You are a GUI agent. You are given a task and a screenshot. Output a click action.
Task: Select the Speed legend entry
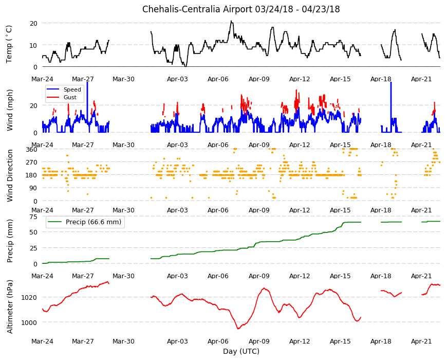click(x=64, y=89)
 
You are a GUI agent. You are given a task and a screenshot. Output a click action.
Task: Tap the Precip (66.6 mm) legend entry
click(x=85, y=222)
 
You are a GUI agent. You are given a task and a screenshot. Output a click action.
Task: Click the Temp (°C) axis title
click(x=9, y=44)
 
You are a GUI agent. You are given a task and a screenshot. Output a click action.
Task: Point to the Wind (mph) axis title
click(x=10, y=110)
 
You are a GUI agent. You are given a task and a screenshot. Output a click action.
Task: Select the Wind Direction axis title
click(x=10, y=175)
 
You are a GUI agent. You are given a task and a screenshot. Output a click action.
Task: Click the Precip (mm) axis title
click(x=10, y=241)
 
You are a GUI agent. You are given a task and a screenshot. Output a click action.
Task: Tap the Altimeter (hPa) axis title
click(x=10, y=307)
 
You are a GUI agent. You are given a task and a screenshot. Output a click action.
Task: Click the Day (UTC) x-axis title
click(x=241, y=351)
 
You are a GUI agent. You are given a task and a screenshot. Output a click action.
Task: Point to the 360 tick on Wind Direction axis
click(x=32, y=149)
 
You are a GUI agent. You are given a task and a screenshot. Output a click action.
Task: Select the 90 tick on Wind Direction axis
click(x=33, y=188)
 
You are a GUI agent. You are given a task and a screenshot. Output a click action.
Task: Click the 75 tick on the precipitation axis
click(x=33, y=217)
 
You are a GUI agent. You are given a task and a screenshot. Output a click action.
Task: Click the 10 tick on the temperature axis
click(x=33, y=45)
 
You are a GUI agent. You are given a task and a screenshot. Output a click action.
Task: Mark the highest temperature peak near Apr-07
click(x=231, y=21)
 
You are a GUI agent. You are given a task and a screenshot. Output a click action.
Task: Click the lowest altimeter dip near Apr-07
click(x=238, y=329)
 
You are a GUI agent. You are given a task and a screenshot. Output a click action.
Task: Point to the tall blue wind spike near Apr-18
click(x=391, y=107)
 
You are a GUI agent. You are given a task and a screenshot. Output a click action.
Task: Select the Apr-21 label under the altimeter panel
click(x=421, y=341)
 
